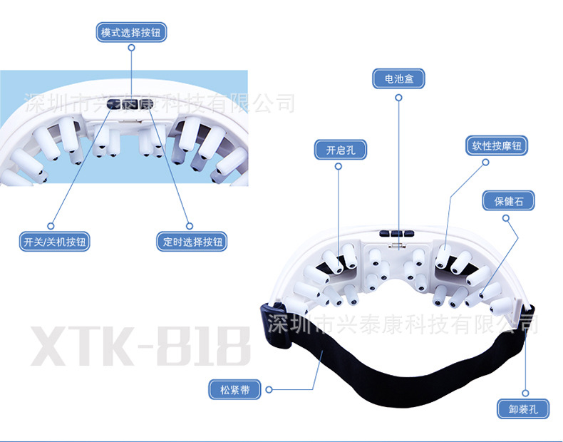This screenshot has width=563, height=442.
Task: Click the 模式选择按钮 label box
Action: pyautogui.click(x=132, y=32)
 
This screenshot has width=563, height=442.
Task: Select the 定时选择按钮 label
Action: pyautogui.click(x=192, y=242)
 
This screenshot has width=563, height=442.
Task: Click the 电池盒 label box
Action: pyautogui.click(x=398, y=78)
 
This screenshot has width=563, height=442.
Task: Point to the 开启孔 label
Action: pyautogui.click(x=339, y=150)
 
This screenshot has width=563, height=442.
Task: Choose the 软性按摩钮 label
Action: pyautogui.click(x=497, y=146)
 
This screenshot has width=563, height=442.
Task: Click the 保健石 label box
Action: pyautogui.click(x=508, y=201)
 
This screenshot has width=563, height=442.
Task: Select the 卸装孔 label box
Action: pyautogui.click(x=523, y=409)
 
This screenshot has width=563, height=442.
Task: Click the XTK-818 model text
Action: pyautogui.click(x=139, y=348)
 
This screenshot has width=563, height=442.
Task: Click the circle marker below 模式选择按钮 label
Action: pyautogui.click(x=132, y=49)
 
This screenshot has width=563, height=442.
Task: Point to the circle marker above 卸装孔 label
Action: pyautogui.click(x=525, y=392)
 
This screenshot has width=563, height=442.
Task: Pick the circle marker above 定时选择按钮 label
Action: pyautogui.click(x=190, y=224)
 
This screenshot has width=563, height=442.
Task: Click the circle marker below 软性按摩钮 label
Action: pyautogui.click(x=486, y=163)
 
